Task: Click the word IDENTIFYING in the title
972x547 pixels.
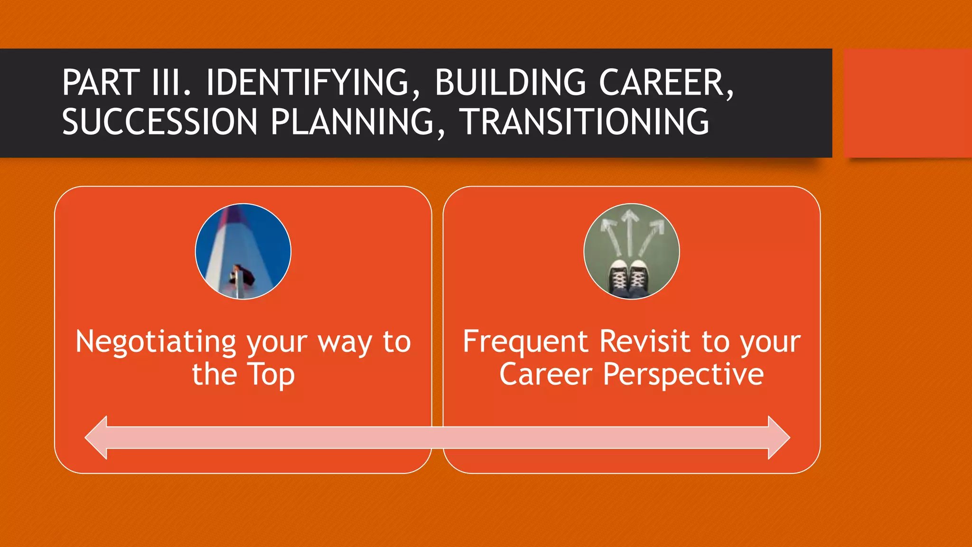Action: [308, 83]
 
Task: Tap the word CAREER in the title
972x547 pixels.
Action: [666, 83]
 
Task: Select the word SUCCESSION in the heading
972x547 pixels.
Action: [159, 122]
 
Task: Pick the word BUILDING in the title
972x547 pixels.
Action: [510, 83]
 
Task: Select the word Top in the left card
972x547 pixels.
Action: [271, 375]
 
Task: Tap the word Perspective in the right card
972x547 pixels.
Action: [683, 375]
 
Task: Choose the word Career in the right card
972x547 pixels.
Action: [546, 374]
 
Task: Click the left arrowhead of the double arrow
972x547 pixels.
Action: [97, 437]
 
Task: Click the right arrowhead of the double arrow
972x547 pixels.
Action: [778, 437]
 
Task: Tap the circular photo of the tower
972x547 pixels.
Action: [243, 252]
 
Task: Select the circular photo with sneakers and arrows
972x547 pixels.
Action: [631, 252]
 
